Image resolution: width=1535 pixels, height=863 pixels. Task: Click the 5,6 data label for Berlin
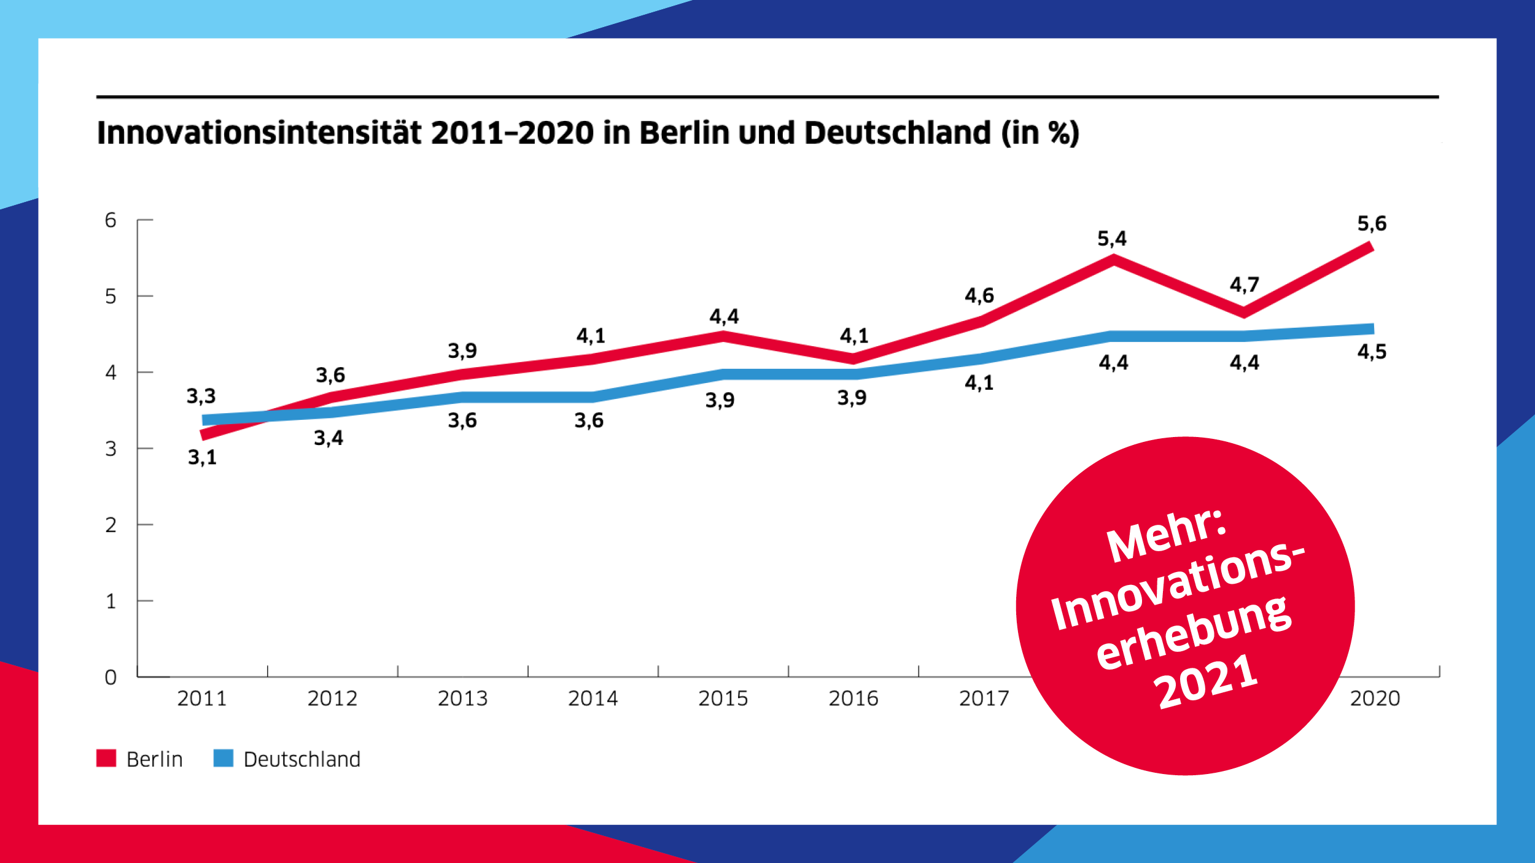click(x=1372, y=223)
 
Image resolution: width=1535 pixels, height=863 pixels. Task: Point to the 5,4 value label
click(x=1112, y=239)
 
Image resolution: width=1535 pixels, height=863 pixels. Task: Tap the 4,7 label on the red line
click(x=1244, y=285)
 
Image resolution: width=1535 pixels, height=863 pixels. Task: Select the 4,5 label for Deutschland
click(x=1372, y=352)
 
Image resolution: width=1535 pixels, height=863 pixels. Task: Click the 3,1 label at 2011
click(x=202, y=457)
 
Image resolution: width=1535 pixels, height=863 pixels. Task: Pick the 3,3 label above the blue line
click(x=201, y=397)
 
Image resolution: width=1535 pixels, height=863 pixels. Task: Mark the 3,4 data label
click(x=328, y=438)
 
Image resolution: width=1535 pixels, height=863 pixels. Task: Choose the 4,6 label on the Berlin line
click(x=979, y=296)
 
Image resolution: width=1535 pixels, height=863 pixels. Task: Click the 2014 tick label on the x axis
click(x=593, y=699)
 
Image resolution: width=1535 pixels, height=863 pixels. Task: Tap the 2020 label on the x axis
click(x=1375, y=699)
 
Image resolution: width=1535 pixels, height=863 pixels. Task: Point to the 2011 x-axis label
click(x=202, y=699)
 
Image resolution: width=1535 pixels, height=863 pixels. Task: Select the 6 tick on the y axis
click(x=111, y=220)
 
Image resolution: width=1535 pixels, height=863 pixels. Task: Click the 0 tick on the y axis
click(x=111, y=678)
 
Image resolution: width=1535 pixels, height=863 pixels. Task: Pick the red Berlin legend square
click(x=106, y=758)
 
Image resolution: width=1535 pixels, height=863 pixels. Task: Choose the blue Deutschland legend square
click(x=223, y=758)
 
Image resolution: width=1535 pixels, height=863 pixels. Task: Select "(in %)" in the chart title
click(x=1040, y=133)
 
